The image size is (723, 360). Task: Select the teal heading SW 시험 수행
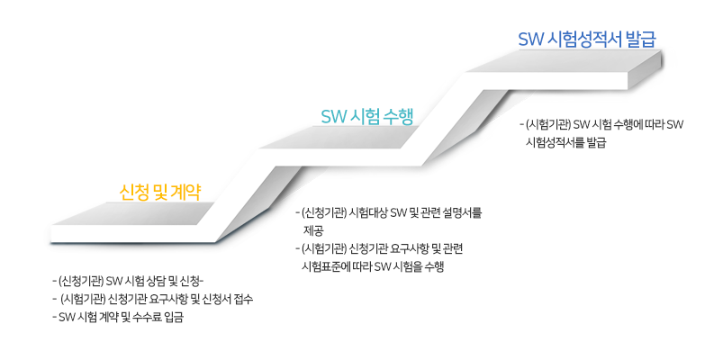tap(367, 116)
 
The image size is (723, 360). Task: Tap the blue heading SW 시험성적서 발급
tap(586, 40)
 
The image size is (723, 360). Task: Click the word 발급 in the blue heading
tap(638, 40)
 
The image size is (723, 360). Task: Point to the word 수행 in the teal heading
tap(397, 116)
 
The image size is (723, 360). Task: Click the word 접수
tap(243, 299)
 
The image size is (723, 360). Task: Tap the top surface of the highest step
tap(564, 60)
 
